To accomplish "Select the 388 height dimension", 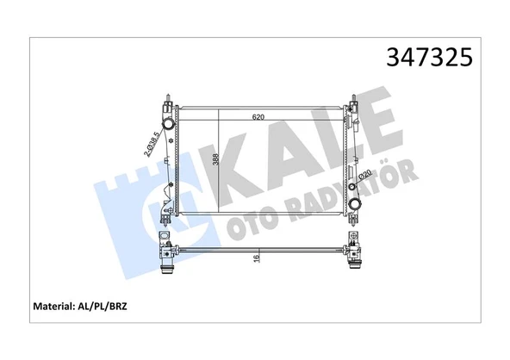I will coord(216,159).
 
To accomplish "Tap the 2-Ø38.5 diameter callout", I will coord(153,142).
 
